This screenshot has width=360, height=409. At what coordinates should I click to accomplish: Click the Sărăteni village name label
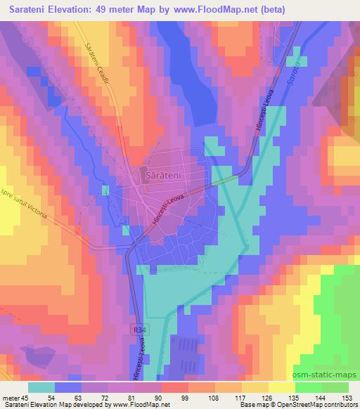(x=165, y=173)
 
